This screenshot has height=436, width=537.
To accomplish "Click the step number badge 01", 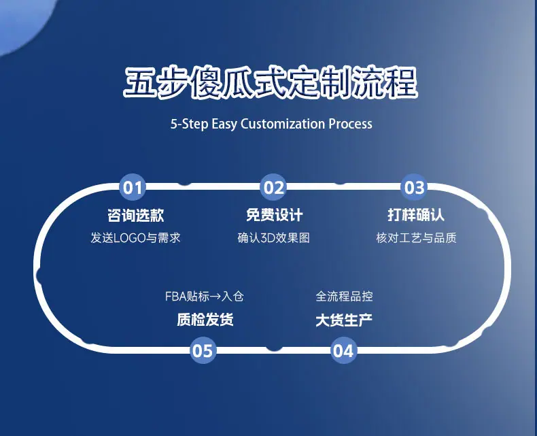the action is pos(133,187).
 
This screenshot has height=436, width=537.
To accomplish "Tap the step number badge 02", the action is pos(273,187).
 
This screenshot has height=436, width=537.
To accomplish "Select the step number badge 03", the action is pos(414,187).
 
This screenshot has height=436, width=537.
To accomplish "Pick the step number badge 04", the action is pos(343,350).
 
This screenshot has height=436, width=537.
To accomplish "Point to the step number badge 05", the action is pos(203,350).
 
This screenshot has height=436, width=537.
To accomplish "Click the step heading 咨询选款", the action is pos(136,215).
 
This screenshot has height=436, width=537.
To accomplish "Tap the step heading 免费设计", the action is pos(275,215).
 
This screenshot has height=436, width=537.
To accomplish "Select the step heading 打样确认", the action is pos(416,215).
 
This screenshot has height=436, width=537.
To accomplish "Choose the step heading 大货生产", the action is pos(344,320).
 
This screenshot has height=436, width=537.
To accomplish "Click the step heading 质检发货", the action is pos(205,320).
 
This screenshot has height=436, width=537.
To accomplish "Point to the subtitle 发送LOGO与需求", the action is pos(135,238).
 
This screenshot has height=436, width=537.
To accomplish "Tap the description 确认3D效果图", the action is pos(274,238).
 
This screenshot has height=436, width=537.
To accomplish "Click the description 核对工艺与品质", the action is pos(416,238).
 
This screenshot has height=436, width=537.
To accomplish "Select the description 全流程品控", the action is pos(344,297).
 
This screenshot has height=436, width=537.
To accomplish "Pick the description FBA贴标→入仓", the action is pos(205,297).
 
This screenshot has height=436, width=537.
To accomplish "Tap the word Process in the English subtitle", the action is pos(350,124).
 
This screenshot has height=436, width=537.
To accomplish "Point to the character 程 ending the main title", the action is pos(400,82).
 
